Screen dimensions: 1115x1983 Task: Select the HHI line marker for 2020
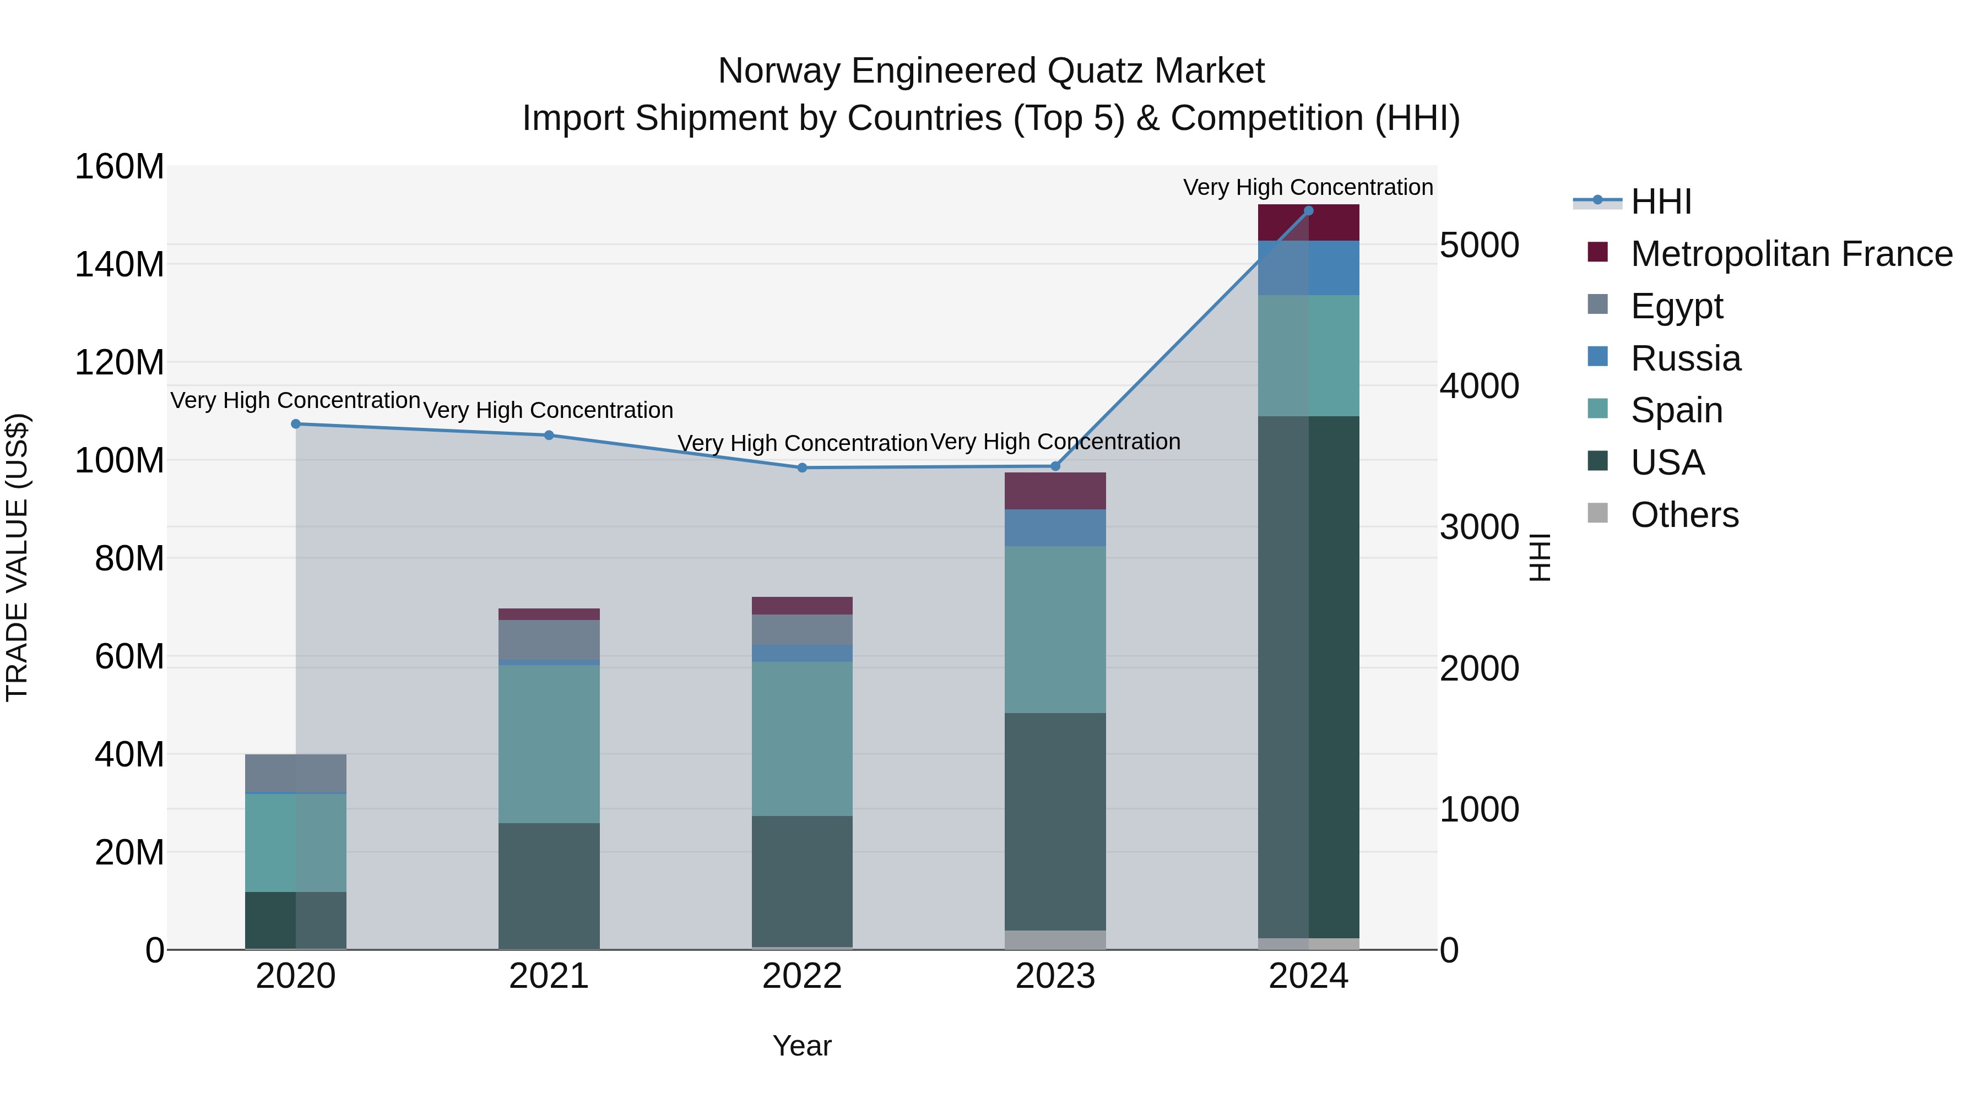pyautogui.click(x=296, y=424)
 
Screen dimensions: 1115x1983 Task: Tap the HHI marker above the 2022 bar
pyautogui.click(x=802, y=468)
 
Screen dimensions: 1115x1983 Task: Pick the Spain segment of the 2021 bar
pyautogui.click(x=549, y=743)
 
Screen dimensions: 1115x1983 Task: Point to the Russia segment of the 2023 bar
pyautogui.click(x=1055, y=528)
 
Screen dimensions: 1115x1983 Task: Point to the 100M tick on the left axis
pyautogui.click(x=120, y=461)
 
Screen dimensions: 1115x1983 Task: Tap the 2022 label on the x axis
pyautogui.click(x=802, y=976)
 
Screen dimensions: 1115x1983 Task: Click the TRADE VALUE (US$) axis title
pyautogui.click(x=17, y=557)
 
